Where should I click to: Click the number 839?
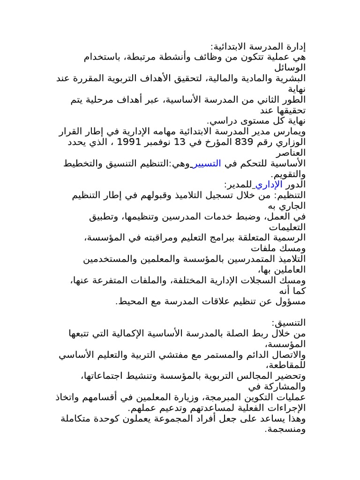pos(243,142)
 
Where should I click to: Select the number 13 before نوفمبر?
pos(181,142)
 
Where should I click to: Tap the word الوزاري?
pos(288,142)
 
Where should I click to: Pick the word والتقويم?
pos(287,174)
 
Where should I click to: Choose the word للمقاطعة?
pos(285,366)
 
